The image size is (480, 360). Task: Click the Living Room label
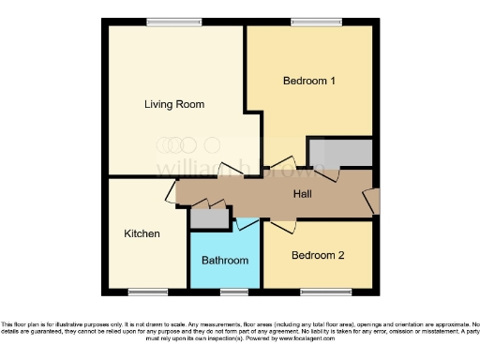[174, 104]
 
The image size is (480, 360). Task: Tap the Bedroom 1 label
[309, 81]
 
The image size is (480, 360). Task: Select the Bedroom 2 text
[318, 255]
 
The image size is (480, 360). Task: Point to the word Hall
[303, 194]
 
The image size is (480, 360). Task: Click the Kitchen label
[142, 233]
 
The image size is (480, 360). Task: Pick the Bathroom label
[225, 260]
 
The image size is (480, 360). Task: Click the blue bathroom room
[225, 272]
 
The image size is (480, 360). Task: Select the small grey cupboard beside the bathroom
[208, 217]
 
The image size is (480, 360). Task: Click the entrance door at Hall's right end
[374, 199]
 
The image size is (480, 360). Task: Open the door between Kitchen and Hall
[171, 193]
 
